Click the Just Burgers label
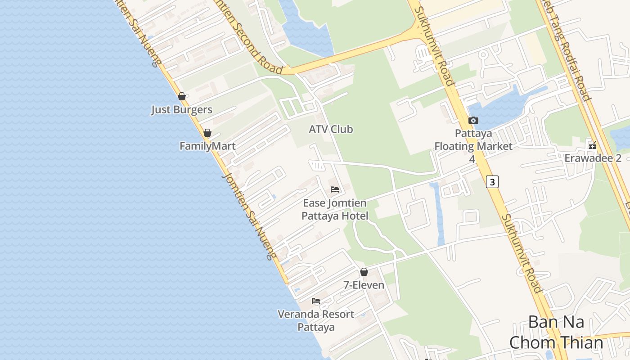point(181,110)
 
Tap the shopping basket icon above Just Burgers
point(182,96)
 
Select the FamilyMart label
point(207,146)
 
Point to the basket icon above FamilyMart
point(207,133)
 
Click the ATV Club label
point(331,130)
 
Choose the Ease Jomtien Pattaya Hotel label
point(335,210)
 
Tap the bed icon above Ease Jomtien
point(335,189)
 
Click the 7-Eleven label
point(364,285)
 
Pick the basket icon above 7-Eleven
point(364,272)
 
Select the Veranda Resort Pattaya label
point(316,320)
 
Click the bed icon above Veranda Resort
point(316,301)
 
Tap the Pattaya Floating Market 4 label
point(473,146)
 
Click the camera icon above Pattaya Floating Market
point(473,120)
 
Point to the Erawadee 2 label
point(593,158)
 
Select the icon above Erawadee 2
point(593,145)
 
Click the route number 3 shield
point(493,182)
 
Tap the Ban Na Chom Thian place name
point(556,333)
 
